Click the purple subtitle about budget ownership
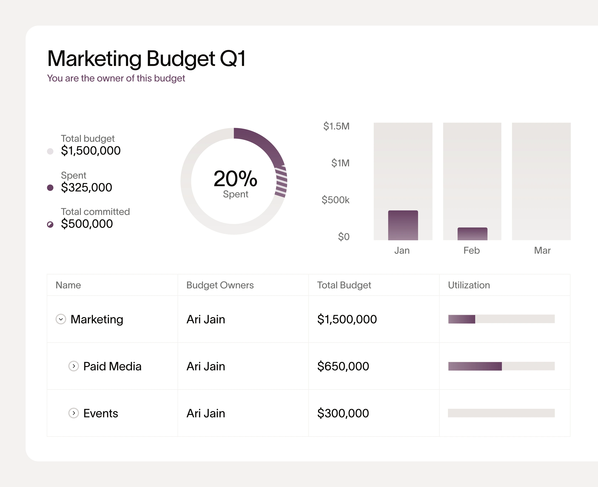pos(116,78)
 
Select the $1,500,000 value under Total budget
pos(91,151)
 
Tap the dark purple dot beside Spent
pos(50,188)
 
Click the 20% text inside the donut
pos(235,179)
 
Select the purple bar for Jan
pos(403,225)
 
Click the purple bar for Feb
pos(472,234)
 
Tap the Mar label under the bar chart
pos(542,250)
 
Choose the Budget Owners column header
pos(220,285)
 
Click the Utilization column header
pos(469,285)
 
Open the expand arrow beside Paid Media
pos(74,366)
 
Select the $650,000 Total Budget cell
pos(343,366)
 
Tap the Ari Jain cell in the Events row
pos(206,413)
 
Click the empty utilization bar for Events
pos(501,413)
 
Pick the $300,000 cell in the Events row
pos(343,413)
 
